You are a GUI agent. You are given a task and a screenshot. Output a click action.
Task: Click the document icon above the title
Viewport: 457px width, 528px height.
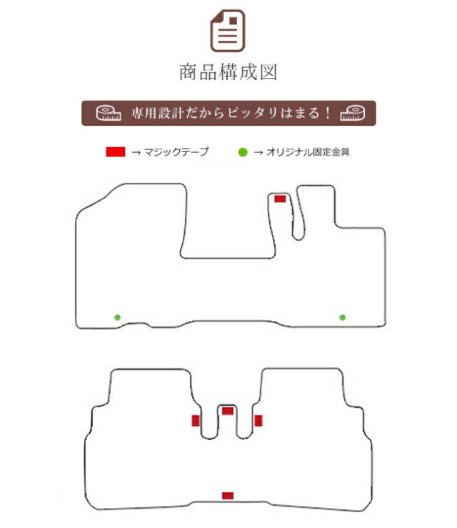pyautogui.click(x=228, y=31)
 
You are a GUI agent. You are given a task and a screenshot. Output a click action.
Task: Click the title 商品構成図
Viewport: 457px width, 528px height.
pyautogui.click(x=228, y=72)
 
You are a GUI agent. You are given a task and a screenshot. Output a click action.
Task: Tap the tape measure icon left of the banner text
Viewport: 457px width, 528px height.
pyautogui.click(x=109, y=113)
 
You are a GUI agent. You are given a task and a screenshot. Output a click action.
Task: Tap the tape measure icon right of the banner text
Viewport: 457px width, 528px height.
pyautogui.click(x=352, y=113)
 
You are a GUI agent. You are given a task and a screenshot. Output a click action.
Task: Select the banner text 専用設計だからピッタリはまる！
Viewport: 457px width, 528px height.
pyautogui.click(x=231, y=113)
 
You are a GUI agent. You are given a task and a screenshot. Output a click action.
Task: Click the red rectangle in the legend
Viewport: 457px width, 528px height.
pyautogui.click(x=116, y=152)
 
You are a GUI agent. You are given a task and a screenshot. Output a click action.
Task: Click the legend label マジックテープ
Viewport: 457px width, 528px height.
pyautogui.click(x=176, y=152)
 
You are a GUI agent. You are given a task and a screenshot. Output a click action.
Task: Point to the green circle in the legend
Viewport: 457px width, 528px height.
pyautogui.click(x=243, y=152)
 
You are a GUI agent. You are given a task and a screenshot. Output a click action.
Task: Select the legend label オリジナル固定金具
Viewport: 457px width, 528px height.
pyautogui.click(x=308, y=152)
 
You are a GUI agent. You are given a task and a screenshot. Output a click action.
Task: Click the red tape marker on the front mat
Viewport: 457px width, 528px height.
pyautogui.click(x=280, y=199)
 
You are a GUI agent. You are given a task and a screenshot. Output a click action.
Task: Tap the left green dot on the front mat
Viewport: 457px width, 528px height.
pyautogui.click(x=117, y=317)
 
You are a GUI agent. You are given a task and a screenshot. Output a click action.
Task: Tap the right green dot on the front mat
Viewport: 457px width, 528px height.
pyautogui.click(x=342, y=317)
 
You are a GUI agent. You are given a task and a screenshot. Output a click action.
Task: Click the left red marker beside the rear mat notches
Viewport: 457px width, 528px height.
pyautogui.click(x=196, y=421)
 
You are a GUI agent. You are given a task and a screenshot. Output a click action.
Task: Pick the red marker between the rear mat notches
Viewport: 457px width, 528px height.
pyautogui.click(x=228, y=411)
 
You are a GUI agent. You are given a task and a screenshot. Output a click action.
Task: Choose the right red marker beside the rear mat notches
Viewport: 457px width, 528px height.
pyautogui.click(x=258, y=421)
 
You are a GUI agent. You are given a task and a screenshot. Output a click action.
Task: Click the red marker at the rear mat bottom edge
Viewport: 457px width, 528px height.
pyautogui.click(x=228, y=496)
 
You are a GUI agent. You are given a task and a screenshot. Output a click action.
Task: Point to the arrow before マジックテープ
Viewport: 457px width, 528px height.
pyautogui.click(x=136, y=152)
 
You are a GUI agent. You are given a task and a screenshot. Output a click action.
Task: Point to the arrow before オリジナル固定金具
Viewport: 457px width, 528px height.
pyautogui.click(x=258, y=152)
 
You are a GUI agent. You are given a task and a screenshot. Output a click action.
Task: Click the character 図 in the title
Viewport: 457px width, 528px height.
pyautogui.click(x=268, y=72)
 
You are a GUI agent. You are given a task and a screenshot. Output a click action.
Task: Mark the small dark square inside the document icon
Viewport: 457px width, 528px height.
pyautogui.click(x=233, y=21)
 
